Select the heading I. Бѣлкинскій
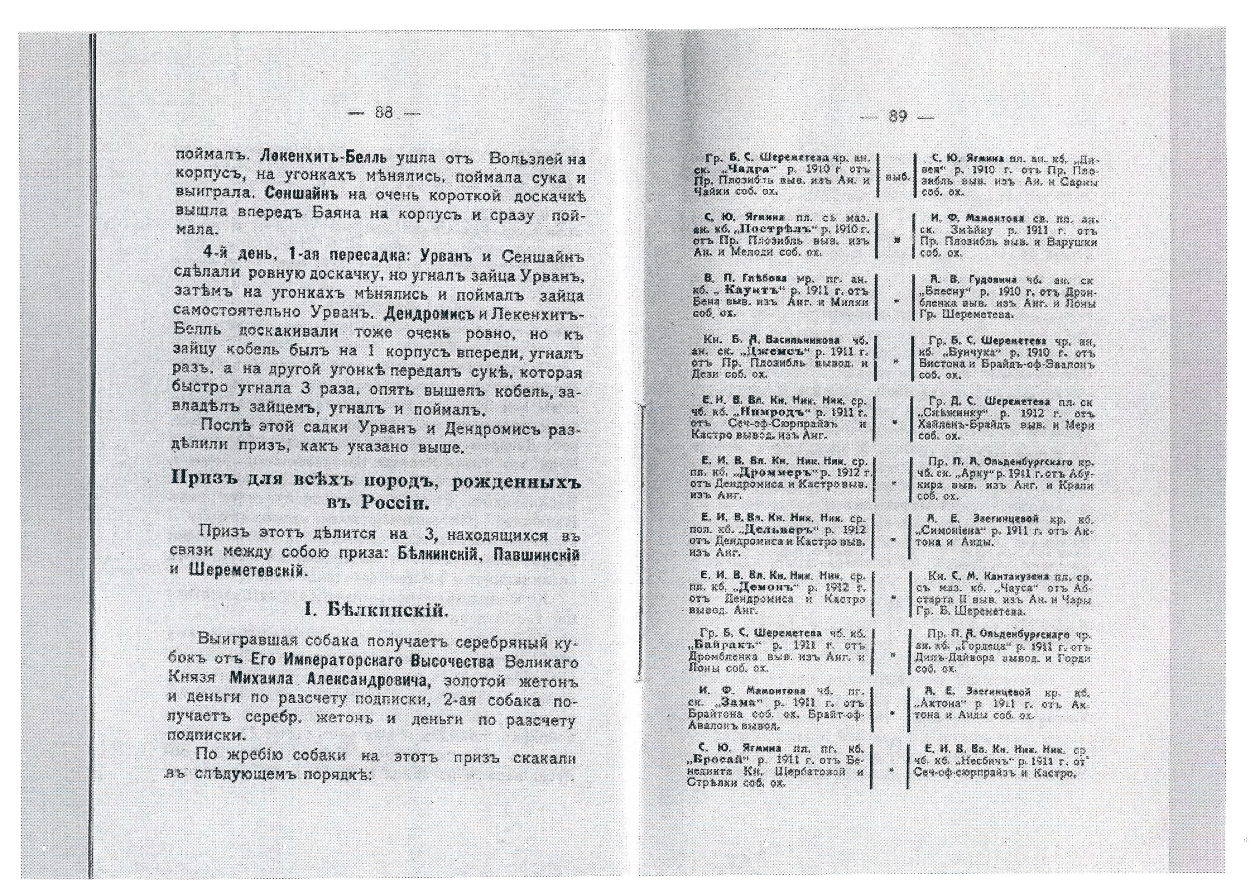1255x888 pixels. point(377,611)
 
